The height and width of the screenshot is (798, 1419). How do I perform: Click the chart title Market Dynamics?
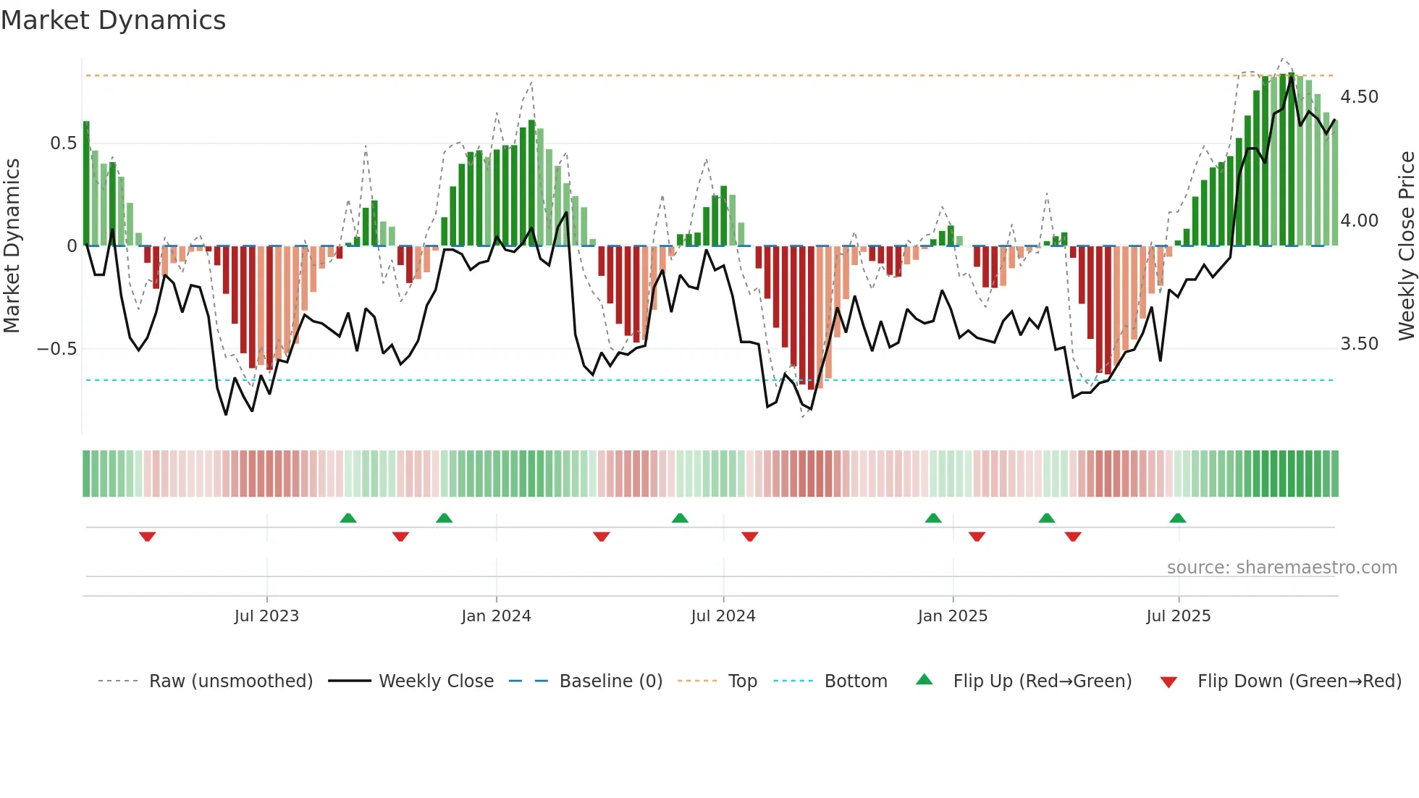[113, 20]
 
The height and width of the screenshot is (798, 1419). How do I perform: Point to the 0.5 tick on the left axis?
[63, 143]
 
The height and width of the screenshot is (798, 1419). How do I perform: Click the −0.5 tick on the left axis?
[57, 349]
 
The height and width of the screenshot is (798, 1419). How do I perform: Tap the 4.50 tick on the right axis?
[1359, 97]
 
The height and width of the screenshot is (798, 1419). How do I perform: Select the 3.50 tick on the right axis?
[1359, 344]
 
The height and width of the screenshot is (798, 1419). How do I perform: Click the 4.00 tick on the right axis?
[1359, 221]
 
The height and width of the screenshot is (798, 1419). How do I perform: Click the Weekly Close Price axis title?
[1406, 245]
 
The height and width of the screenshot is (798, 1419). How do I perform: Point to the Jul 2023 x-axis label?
[266, 616]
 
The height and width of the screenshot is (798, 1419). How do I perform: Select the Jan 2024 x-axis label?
[496, 616]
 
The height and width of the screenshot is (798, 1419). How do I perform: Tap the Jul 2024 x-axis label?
[723, 616]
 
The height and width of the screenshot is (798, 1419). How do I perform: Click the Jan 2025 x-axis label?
[952, 616]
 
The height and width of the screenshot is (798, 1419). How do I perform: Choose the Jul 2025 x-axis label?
[1178, 616]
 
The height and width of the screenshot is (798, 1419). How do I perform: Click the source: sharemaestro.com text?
[1281, 568]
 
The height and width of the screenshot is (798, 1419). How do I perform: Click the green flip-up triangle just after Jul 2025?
[1177, 518]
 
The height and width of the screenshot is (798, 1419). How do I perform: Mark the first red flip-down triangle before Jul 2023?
[147, 537]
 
